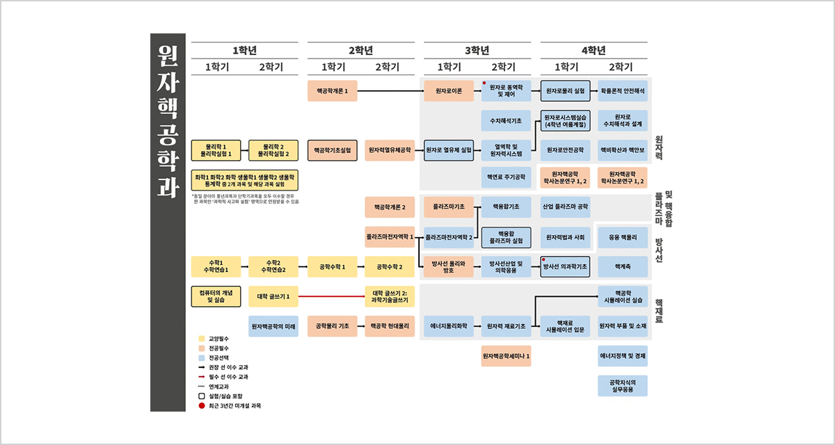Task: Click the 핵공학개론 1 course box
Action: pyautogui.click(x=333, y=91)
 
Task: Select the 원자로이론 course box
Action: pyautogui.click(x=449, y=91)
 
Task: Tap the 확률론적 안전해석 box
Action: pyautogui.click(x=622, y=91)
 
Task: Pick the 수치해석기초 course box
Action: pyautogui.click(x=506, y=121)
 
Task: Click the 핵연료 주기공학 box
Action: pyautogui.click(x=506, y=177)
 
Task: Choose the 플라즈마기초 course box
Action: pyautogui.click(x=449, y=207)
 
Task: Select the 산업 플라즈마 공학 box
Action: pyautogui.click(x=565, y=207)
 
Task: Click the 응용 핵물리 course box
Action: pyautogui.click(x=622, y=237)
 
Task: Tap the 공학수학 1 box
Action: pyautogui.click(x=333, y=267)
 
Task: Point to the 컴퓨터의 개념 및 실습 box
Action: pyautogui.click(x=216, y=296)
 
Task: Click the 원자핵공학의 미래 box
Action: pyautogui.click(x=273, y=326)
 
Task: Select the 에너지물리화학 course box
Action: pyautogui.click(x=449, y=326)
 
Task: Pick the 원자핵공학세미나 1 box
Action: pyautogui.click(x=506, y=356)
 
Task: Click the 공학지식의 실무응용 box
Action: pyautogui.click(x=622, y=386)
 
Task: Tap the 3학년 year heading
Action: pyautogui.click(x=477, y=51)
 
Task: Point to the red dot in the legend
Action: pyautogui.click(x=202, y=405)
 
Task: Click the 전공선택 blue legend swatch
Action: pyautogui.click(x=202, y=357)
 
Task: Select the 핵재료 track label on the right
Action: pyautogui.click(x=658, y=311)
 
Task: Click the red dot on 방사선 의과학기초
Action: pyautogui.click(x=544, y=259)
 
